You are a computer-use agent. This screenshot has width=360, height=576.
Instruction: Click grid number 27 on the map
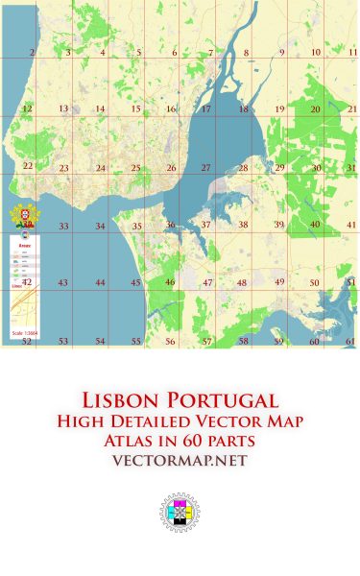(x=205, y=168)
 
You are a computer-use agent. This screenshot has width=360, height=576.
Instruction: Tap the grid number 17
(x=205, y=109)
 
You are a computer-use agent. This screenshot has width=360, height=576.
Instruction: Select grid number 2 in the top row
(x=32, y=53)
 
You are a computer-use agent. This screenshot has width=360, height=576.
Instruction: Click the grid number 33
(x=63, y=227)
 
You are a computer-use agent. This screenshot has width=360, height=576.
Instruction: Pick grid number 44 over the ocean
(x=100, y=283)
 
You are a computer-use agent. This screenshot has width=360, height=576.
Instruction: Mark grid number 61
(x=350, y=341)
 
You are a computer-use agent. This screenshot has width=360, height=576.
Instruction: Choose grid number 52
(x=27, y=341)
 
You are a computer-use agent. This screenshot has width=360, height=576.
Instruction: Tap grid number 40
(x=314, y=225)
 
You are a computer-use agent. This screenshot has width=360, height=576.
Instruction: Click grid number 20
(x=314, y=109)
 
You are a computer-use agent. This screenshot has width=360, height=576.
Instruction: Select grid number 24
(x=100, y=168)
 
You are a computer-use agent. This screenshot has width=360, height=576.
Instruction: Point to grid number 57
(x=206, y=341)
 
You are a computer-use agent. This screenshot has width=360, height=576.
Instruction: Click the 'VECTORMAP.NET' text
(x=180, y=462)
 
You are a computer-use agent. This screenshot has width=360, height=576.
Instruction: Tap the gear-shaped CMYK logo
(x=180, y=514)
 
